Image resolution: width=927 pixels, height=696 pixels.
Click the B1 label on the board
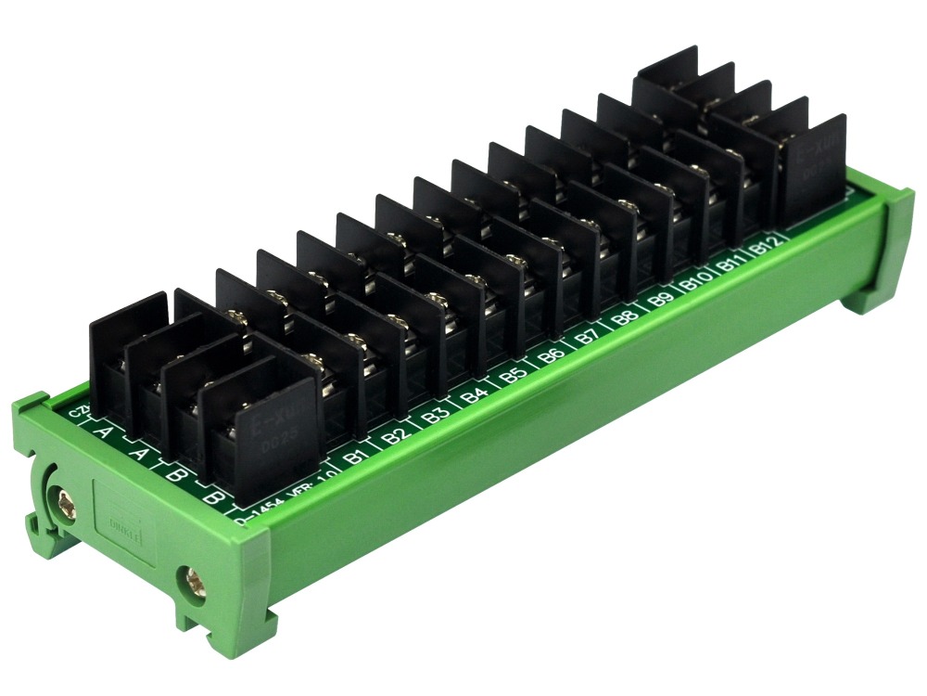tap(353, 456)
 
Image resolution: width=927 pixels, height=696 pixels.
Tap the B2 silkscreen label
tap(397, 434)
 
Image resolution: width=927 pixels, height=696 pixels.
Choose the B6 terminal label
tap(551, 355)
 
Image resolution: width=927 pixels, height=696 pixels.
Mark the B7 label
tap(587, 337)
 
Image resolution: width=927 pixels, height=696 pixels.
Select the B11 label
tap(730, 264)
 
